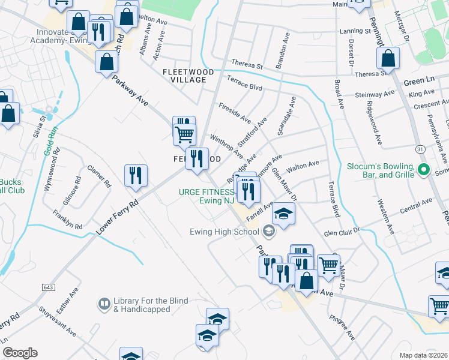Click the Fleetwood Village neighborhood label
188,76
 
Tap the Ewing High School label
224,232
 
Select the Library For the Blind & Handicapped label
151,305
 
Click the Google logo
20,353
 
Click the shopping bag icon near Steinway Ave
388,59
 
